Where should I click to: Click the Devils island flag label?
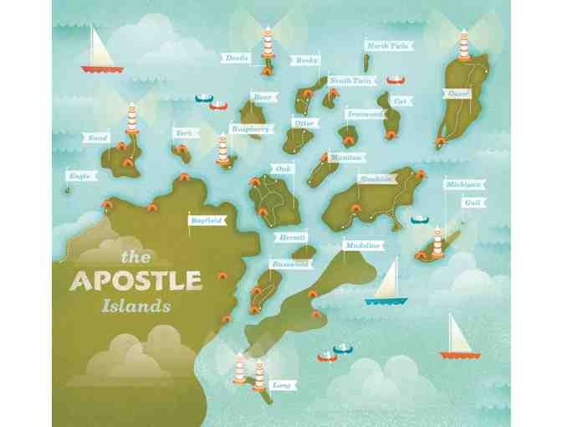pos(234,57)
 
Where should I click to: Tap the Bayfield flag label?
pos(206,220)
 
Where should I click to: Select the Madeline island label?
pos(363,245)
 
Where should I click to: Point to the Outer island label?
pos(457,94)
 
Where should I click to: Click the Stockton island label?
pos(373,178)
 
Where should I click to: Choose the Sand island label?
pos(96,137)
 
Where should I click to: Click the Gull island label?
pos(473,203)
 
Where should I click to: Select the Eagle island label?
pos(80,176)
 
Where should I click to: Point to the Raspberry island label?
pos(251,129)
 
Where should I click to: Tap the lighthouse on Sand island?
pos(131,120)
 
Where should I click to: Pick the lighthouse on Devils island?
pos(268,41)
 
